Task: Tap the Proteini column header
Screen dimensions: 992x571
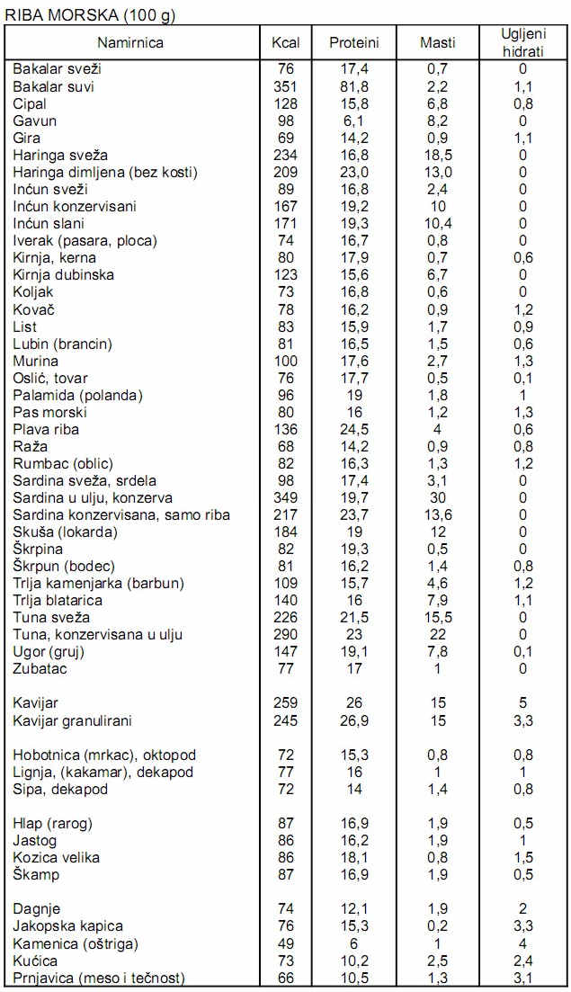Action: [x=353, y=42]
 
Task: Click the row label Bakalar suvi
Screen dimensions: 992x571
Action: [x=54, y=86]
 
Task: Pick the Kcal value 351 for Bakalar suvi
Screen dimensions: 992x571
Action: [x=285, y=86]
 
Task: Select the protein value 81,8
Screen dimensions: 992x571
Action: [x=353, y=86]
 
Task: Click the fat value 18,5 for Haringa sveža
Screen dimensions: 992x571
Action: [x=438, y=155]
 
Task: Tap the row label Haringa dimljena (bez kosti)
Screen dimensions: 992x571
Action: [x=104, y=172]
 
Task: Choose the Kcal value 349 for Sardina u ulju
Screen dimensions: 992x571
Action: [x=285, y=497]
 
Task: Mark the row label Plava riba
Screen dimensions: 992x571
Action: [x=46, y=429]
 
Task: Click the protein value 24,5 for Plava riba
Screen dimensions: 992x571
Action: [x=353, y=429]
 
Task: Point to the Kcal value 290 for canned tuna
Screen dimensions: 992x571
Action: [x=285, y=634]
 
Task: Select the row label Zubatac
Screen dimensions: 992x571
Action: [x=40, y=668]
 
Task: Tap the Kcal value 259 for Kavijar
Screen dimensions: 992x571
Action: [x=285, y=702]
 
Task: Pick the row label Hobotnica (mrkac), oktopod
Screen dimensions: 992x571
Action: [x=104, y=755]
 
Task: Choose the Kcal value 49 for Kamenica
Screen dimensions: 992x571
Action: [x=285, y=943]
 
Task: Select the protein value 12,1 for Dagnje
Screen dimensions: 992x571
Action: [x=353, y=908]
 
